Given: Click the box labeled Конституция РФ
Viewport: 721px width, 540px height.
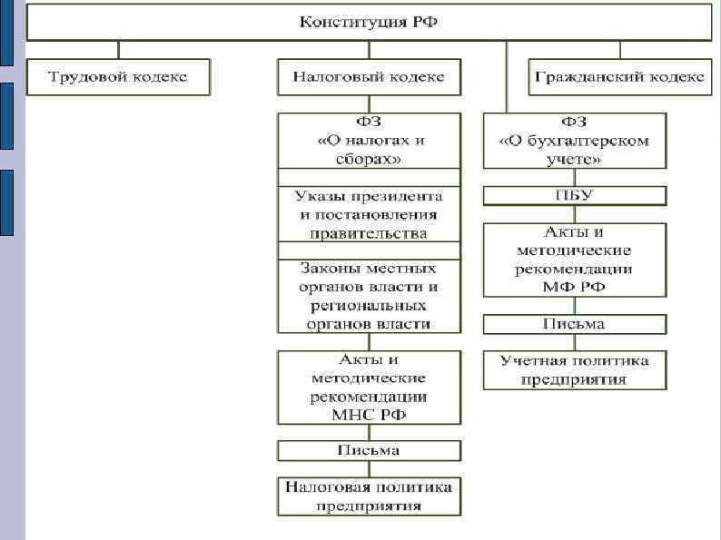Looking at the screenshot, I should tap(369, 23).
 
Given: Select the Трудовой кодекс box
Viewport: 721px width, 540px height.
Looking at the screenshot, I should tap(118, 77).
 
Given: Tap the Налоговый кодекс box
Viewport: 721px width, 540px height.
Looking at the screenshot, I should tap(369, 77).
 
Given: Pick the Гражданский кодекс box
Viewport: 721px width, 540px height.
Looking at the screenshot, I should tap(619, 77).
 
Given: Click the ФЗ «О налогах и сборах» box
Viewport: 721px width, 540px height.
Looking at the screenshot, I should tap(369, 140).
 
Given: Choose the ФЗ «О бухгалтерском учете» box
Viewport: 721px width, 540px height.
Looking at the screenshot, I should tap(574, 140).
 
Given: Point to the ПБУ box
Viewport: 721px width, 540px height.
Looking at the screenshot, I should tap(574, 195).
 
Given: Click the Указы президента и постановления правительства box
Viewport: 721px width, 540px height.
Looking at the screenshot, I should tap(369, 215).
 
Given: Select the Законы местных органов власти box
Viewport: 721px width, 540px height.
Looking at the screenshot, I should tap(369, 296).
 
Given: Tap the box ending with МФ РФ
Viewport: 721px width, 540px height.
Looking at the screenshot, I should tap(574, 260).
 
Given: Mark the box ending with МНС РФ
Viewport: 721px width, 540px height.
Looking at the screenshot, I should tap(369, 388).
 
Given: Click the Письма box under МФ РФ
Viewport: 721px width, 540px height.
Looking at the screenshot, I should tap(574, 324).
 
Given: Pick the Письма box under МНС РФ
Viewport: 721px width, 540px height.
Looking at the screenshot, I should tap(369, 450).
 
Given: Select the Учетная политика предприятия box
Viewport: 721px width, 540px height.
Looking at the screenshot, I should tap(574, 370).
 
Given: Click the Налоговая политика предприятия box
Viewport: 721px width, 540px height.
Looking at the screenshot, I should tap(369, 496).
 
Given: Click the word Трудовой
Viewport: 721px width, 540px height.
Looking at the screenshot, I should tap(89, 77).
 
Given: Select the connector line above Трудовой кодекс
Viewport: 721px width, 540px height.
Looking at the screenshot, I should tap(118, 50).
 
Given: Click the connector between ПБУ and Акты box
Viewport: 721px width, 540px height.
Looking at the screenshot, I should tap(574, 214).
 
